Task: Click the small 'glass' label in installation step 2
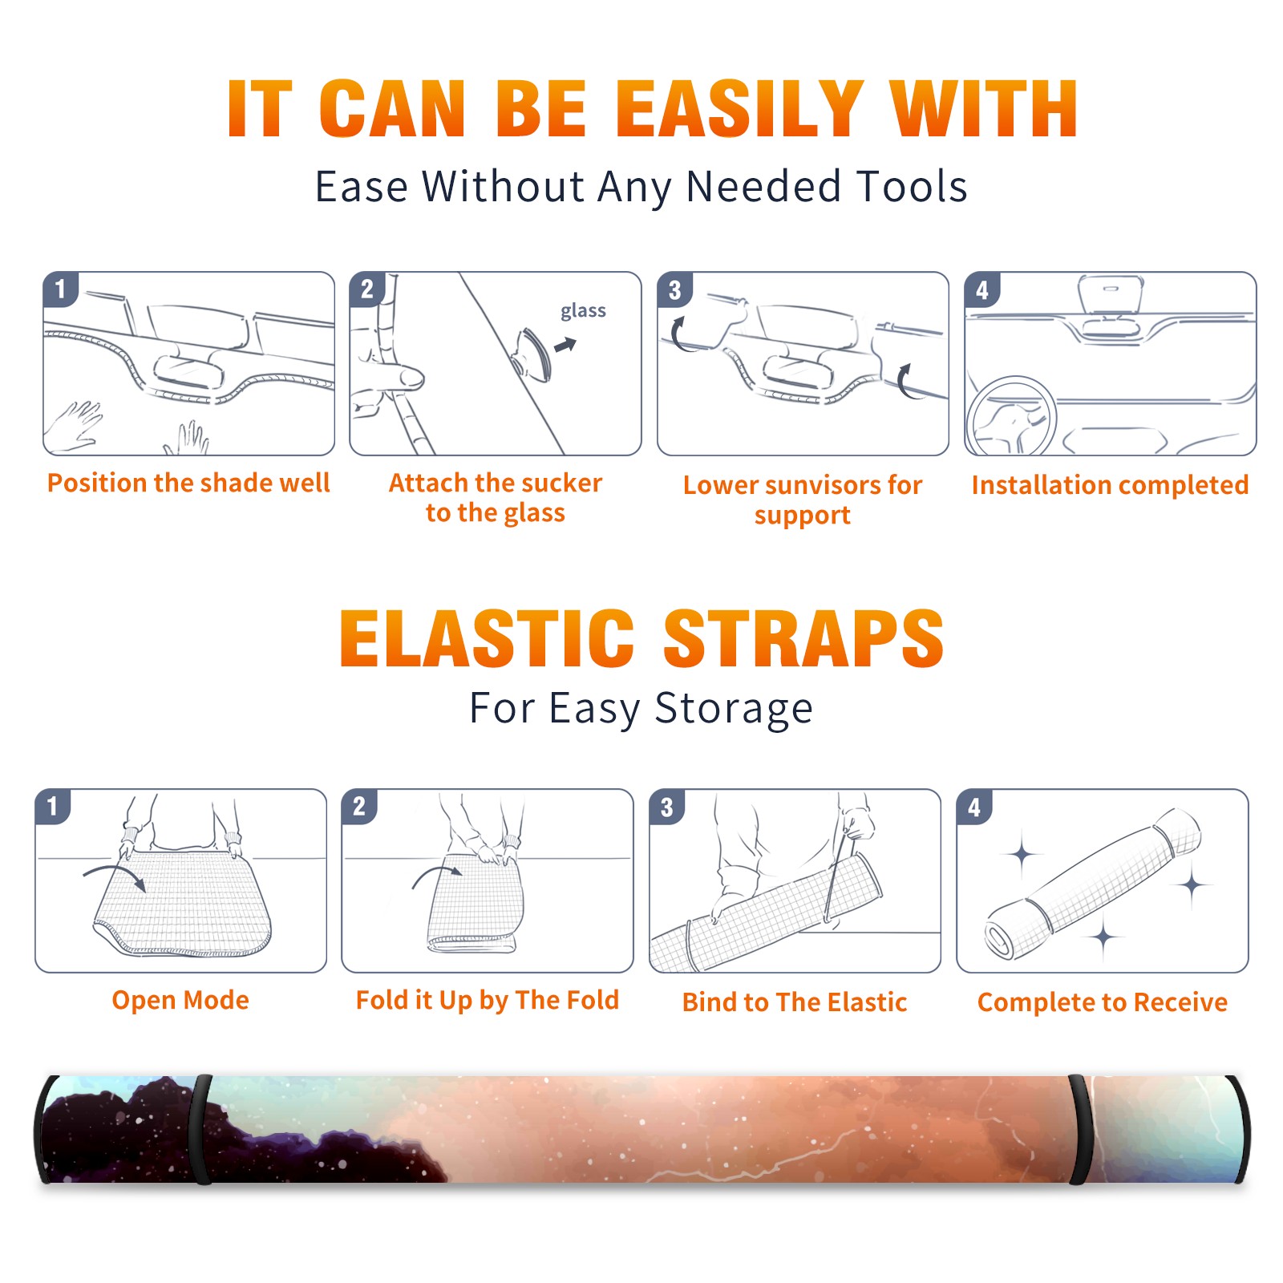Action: [583, 311]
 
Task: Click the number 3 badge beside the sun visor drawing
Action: [674, 290]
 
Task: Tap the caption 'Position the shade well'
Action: [188, 483]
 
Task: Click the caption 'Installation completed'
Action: [1110, 485]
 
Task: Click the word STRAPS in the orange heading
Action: [803, 638]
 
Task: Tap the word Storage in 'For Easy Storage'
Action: [734, 709]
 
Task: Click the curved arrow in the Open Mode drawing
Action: [115, 876]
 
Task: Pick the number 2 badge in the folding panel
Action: [358, 807]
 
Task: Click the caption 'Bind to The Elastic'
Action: [795, 1002]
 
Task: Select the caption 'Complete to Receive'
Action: [1103, 1002]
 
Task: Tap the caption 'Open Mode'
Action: [180, 1000]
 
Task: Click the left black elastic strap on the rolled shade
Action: [202, 1129]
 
